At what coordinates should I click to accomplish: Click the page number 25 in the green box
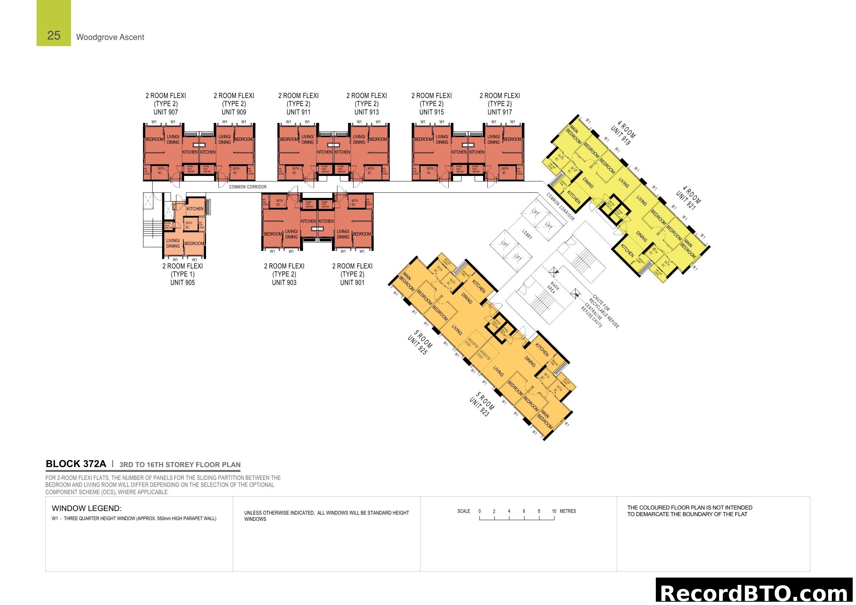pos(54,35)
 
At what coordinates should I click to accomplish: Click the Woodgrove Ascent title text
pos(110,37)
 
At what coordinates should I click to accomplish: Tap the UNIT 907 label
pos(165,112)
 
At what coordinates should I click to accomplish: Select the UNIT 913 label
pos(366,112)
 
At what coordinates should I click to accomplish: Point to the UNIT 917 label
pos(500,112)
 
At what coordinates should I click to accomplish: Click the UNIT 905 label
pos(182,283)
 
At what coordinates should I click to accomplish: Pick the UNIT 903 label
pos(284,283)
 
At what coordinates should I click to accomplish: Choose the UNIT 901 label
pos(352,283)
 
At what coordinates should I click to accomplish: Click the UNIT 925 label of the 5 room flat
pos(417,345)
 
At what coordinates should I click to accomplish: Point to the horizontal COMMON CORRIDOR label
pos(248,187)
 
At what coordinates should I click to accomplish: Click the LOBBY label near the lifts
pos(527,234)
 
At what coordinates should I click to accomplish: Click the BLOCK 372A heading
pos(76,464)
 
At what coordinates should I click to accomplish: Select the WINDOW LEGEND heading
pos(86,508)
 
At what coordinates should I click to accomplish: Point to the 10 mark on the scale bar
pos(554,511)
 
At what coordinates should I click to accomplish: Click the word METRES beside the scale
pos(568,511)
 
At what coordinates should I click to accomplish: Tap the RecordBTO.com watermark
pos(755,592)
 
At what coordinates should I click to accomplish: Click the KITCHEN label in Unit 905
pos(195,209)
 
